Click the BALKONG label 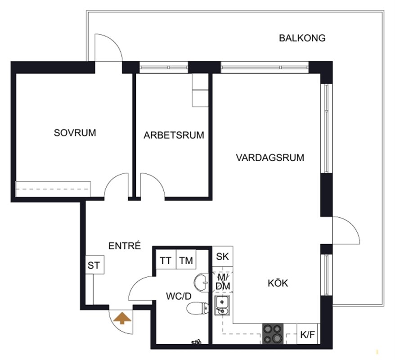click(x=302, y=38)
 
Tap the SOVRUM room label click(x=75, y=133)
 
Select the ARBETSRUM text click(x=174, y=135)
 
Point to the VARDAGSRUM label click(x=270, y=157)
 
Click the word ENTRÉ click(x=125, y=246)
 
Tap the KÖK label click(x=278, y=283)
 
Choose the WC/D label click(x=179, y=296)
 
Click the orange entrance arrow click(x=122, y=318)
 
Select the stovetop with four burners click(x=273, y=334)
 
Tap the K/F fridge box click(x=308, y=334)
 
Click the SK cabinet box click(x=222, y=256)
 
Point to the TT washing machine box click(x=166, y=260)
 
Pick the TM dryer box click(x=186, y=260)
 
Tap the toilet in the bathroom click(x=198, y=308)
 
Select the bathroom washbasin click(x=201, y=283)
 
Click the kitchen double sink click(x=222, y=306)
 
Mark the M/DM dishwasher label click(x=223, y=282)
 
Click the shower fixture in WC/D click(x=197, y=342)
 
